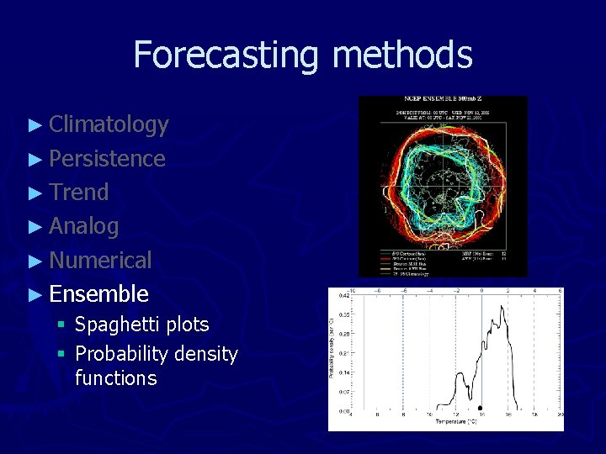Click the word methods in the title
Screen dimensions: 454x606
[x=402, y=55]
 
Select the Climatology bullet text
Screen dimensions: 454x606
[x=109, y=124]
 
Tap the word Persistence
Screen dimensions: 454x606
[x=107, y=159]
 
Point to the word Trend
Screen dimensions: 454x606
[x=79, y=193]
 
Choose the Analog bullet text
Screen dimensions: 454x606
[x=84, y=226]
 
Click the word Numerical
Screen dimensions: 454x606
[x=100, y=261]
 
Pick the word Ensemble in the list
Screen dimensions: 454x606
[x=98, y=294]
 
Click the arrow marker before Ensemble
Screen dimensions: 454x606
[x=35, y=294]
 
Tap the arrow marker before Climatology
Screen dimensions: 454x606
[x=35, y=125]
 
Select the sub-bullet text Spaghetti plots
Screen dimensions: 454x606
[x=141, y=325]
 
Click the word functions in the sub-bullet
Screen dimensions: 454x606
[x=115, y=378]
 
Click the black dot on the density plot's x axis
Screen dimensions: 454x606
[x=480, y=408]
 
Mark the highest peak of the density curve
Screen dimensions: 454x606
[x=503, y=307]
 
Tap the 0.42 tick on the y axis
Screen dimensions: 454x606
[x=344, y=296]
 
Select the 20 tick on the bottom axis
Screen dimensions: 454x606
[x=561, y=414]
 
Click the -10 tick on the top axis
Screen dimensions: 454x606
[x=352, y=290]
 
